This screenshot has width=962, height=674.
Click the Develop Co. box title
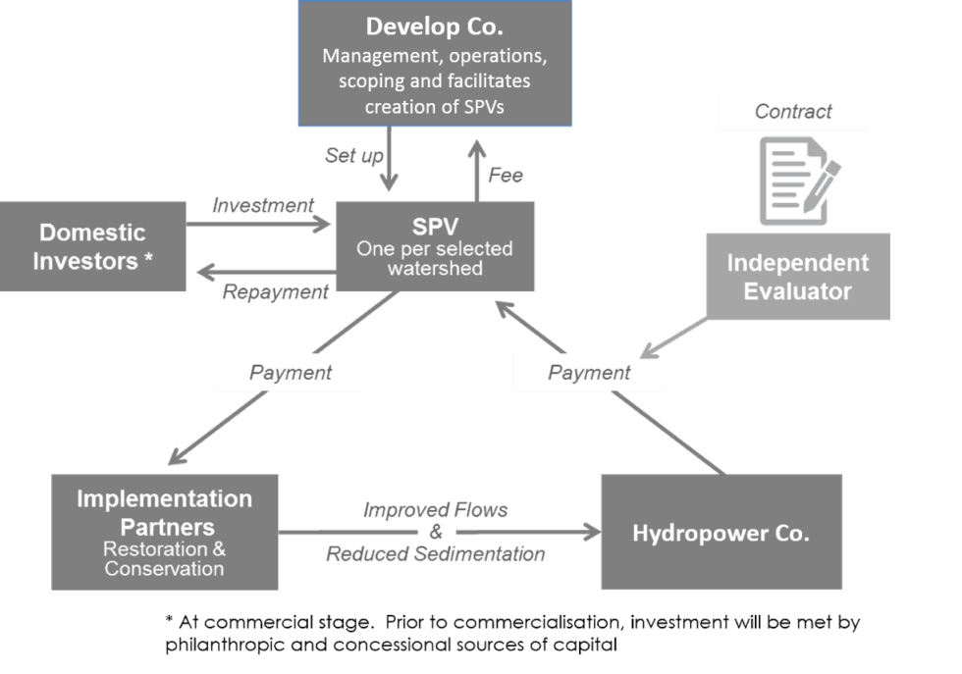[434, 26]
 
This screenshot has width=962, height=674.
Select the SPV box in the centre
[435, 245]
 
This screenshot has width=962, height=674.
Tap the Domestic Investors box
[93, 246]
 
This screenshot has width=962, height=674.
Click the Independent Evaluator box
[797, 277]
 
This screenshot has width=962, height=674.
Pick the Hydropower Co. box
[721, 533]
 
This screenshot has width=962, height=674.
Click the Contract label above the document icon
[793, 111]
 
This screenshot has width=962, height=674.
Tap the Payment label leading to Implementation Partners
[291, 373]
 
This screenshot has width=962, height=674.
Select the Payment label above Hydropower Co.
[589, 373]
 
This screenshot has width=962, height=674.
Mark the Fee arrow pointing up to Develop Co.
[476, 162]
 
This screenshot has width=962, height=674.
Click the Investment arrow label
[263, 205]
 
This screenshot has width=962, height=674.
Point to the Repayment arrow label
[275, 291]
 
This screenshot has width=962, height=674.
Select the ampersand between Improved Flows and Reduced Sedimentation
[436, 533]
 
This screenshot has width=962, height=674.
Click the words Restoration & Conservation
[164, 559]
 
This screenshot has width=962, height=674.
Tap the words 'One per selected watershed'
[435, 258]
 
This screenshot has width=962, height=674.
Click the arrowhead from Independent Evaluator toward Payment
[648, 350]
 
